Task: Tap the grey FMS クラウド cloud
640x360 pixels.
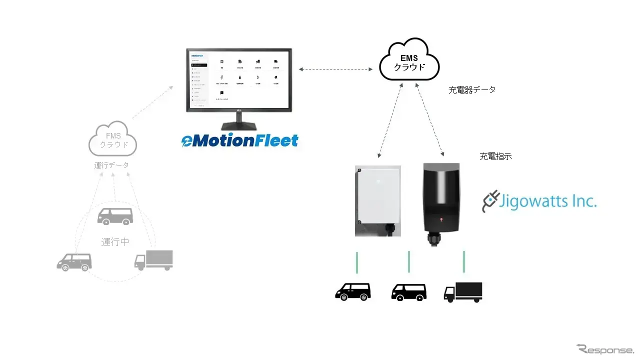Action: tap(113, 140)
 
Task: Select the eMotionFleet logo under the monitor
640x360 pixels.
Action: tap(239, 140)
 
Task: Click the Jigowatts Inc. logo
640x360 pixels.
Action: tap(539, 202)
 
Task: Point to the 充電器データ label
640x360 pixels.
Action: tap(472, 90)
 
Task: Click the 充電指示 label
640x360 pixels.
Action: tap(495, 156)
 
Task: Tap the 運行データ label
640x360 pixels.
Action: tap(111, 165)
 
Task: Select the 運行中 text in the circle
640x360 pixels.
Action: tap(115, 242)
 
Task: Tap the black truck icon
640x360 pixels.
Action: tap(463, 292)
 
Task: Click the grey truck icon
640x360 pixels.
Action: tap(153, 260)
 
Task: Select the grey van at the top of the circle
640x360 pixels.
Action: tap(115, 216)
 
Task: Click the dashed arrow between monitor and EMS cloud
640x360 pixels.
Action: tap(336, 68)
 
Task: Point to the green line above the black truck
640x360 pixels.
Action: tap(464, 262)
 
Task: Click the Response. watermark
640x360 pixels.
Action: tap(605, 349)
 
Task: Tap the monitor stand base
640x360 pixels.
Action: tap(238, 126)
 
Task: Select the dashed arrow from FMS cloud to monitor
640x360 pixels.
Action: tap(152, 102)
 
